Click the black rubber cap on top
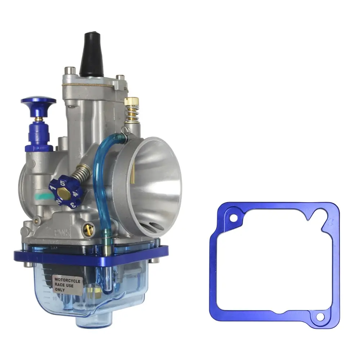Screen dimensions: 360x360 tap(91, 54)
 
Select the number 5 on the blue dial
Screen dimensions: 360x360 tap(63, 183)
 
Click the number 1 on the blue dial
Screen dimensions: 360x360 tap(53, 188)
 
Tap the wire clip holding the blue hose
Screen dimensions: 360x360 tap(125, 131)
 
